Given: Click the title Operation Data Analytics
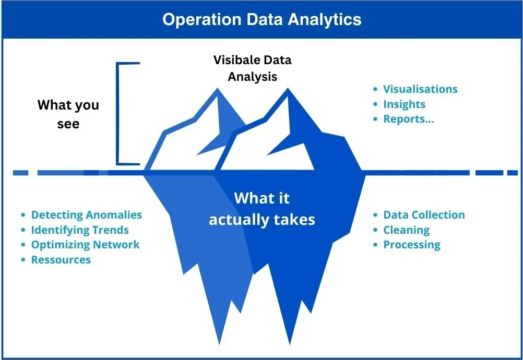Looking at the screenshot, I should coord(261,19).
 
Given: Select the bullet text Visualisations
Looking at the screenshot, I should coord(420,89).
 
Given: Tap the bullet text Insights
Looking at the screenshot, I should coord(404,104).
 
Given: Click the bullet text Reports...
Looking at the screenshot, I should coord(408,119).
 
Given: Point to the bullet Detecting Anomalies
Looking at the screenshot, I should coord(86,215).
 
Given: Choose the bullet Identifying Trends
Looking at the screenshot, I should coord(79,230).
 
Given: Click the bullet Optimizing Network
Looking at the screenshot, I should coord(85,245).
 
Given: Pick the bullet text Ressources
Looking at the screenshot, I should coord(61,260).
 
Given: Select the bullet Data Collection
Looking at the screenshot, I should coord(424,215).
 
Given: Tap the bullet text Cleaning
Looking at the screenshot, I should coord(406,230).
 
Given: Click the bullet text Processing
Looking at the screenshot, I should coord(412,245).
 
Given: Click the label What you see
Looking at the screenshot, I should coord(68,114).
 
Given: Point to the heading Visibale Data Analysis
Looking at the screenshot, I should coord(253,68).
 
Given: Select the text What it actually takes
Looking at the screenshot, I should coord(262,209).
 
